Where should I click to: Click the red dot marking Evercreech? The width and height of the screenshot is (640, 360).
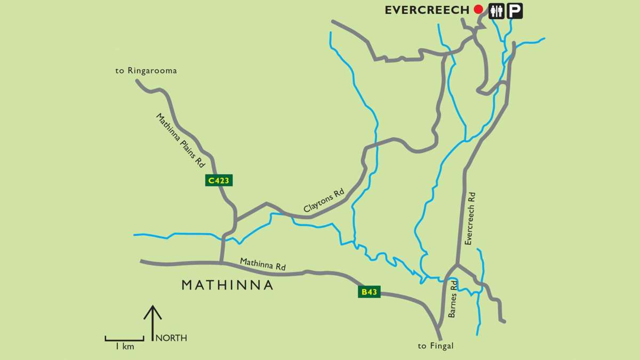tap(478, 10)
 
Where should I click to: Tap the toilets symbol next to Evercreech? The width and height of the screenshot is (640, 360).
tap(497, 11)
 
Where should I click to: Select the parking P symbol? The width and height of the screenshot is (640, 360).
tap(515, 11)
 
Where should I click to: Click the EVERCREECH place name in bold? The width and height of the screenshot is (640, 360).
tap(427, 10)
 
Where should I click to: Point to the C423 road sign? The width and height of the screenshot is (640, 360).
tap(219, 180)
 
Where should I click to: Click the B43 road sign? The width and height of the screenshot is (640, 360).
tap(369, 292)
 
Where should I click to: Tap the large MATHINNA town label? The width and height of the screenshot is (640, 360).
tap(227, 285)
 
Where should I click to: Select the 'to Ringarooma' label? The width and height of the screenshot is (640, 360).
tap(146, 70)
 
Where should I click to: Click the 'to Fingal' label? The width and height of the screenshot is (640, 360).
tap(435, 346)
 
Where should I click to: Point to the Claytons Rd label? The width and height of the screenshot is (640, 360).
tap(324, 201)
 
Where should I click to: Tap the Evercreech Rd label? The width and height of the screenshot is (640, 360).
tap(470, 218)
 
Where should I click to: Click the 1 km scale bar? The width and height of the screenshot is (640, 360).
tap(124, 339)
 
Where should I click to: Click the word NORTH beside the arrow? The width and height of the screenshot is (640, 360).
tap(171, 338)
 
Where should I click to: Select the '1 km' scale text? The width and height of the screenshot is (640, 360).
tap(124, 347)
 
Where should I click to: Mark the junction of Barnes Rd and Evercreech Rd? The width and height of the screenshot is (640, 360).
tap(456, 265)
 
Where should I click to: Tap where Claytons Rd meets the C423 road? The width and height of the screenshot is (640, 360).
tap(235, 220)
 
